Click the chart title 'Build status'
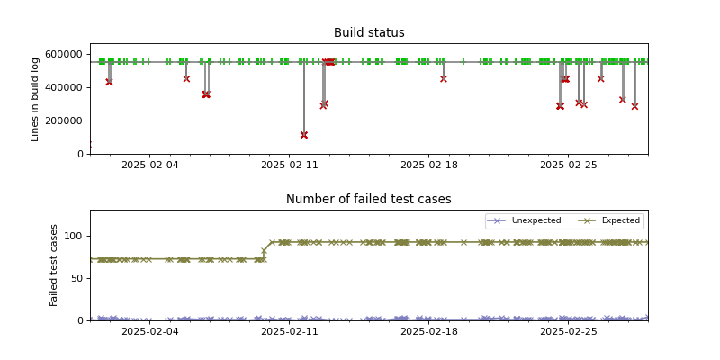369,33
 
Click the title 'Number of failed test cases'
369,200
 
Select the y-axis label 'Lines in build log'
36,99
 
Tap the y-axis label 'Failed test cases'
54,265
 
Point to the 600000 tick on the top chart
66,54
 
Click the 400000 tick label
66,87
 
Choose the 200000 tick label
66,121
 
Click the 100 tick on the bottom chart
74,236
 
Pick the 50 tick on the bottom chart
76,278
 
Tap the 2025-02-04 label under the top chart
149,166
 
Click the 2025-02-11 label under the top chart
289,166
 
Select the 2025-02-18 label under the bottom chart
428,332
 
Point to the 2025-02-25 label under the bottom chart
568,332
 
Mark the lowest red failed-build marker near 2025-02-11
304,135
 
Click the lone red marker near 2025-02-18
444,78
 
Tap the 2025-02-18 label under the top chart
428,166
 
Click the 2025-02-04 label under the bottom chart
149,332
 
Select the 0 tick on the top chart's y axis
81,154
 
